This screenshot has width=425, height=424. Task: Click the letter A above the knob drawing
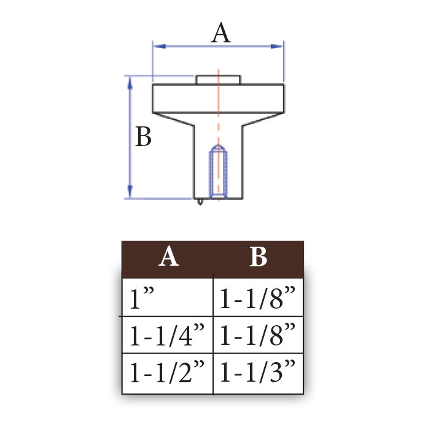(221, 33)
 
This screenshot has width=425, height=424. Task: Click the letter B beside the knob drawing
(143, 136)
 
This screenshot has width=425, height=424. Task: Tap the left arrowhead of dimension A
(160, 47)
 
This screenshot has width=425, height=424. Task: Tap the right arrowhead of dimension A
(277, 47)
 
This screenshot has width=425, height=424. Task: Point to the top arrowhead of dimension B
(130, 83)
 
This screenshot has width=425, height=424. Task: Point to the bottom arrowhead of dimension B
(130, 191)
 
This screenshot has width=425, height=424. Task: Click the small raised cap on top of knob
(219, 80)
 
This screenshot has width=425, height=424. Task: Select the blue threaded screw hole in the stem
(219, 172)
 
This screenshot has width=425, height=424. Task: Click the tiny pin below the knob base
(200, 202)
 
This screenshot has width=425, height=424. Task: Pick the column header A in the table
(169, 256)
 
